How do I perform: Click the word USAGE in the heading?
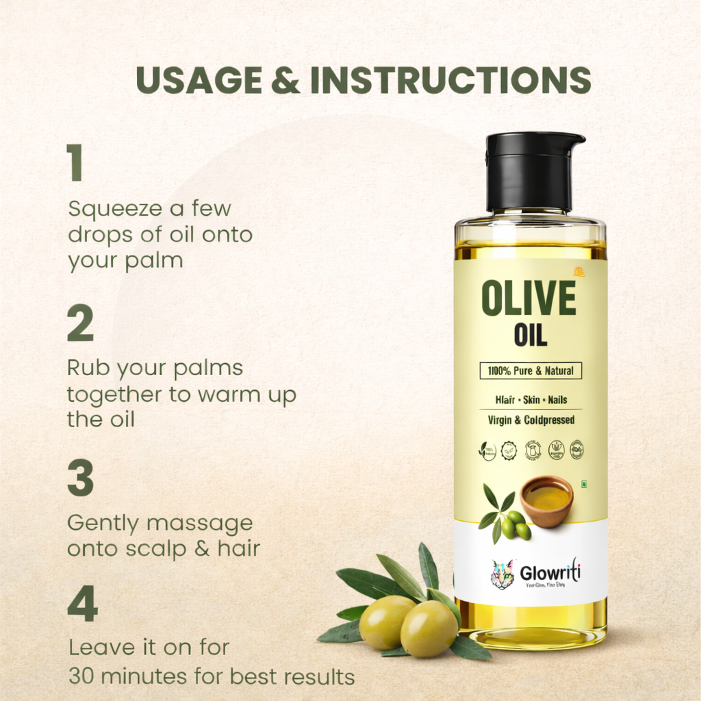199,80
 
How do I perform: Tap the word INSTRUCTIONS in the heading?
450,80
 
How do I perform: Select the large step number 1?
75,164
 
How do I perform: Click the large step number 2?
80,324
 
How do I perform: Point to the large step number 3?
80,479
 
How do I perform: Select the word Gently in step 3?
103,524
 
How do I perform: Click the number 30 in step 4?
81,677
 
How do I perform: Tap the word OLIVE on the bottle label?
528,299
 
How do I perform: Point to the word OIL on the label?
530,335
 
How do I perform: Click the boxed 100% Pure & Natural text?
531,372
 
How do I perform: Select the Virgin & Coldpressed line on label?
531,420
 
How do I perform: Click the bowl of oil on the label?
546,502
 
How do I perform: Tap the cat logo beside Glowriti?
502,574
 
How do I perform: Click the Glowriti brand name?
549,572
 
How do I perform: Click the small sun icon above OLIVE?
579,271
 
